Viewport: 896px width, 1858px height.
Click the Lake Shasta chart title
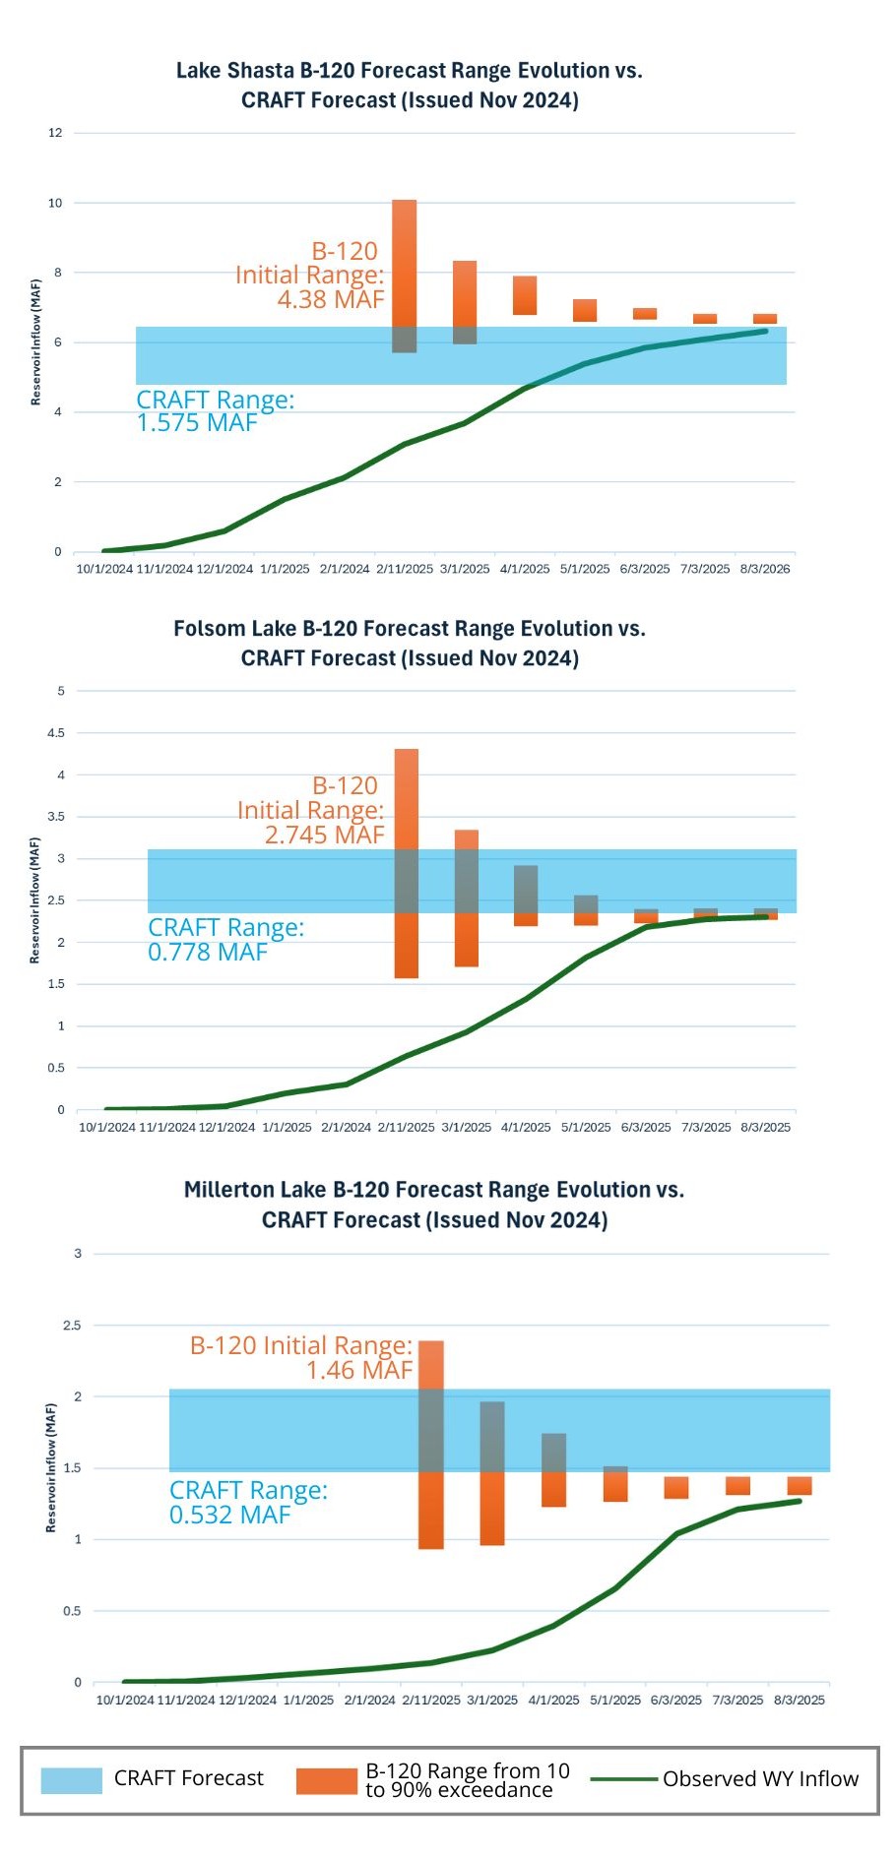tap(410, 85)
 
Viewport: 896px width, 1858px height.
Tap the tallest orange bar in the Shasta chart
tap(405, 276)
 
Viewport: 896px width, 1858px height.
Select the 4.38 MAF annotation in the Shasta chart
tap(331, 299)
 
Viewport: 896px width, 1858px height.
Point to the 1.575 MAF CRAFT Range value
tap(197, 423)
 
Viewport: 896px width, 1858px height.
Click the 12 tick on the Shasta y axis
tap(55, 133)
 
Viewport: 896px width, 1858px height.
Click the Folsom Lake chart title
tap(410, 643)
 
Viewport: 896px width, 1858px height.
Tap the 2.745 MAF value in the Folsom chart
tap(325, 835)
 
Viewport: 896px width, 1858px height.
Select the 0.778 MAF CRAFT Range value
tap(208, 952)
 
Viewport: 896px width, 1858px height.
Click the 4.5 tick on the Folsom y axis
tap(55, 733)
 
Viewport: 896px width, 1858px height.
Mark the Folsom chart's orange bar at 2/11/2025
tap(407, 863)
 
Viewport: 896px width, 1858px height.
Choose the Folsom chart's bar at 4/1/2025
tap(526, 896)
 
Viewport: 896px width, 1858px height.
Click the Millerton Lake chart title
tap(434, 1205)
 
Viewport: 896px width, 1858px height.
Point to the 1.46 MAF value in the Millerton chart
tap(359, 1370)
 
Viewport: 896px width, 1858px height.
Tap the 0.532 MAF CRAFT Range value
tap(230, 1515)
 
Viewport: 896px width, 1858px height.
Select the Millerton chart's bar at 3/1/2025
tap(492, 1473)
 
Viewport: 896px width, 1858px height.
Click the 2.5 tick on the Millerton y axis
tap(72, 1326)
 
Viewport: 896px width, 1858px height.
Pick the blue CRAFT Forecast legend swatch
tap(72, 1779)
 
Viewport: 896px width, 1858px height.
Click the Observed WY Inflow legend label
tap(760, 1779)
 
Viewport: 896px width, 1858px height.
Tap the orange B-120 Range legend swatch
tap(326, 1780)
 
